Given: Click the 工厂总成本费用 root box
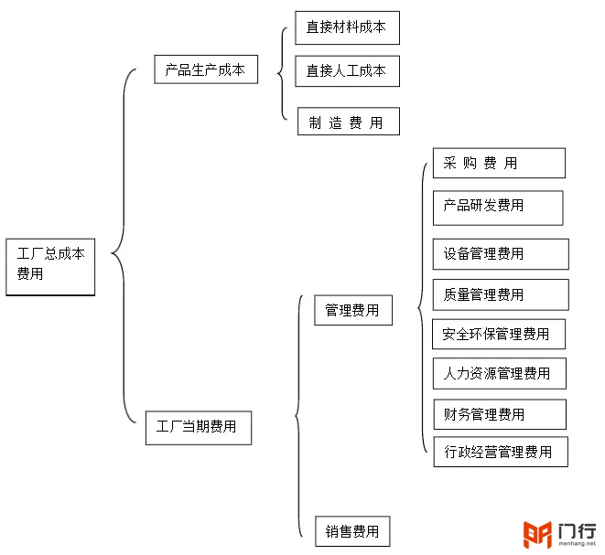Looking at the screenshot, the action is pos(50,267).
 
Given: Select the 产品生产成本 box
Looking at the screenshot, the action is pos(206,69).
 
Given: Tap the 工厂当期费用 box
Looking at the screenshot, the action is pos(199,428).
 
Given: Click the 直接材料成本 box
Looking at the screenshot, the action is pos(347,27).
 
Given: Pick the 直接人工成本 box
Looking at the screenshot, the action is pos(347,71).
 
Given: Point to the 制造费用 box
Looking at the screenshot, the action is pos(349,122).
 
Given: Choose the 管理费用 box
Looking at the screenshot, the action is pos(353,310).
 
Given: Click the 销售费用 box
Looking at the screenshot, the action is pos(352,531).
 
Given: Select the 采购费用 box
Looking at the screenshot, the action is pos(499,163).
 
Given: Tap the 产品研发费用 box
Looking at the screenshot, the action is pos(498,208).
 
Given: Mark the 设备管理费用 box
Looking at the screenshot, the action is pos(501,254).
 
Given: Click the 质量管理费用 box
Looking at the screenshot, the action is pos(501,294).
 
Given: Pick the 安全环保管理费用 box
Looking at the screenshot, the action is pos(499,334).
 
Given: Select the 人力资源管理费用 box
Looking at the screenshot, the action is pos(500,373).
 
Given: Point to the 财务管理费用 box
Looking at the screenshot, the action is pos(500,414).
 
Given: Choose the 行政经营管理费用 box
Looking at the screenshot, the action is pos(501,452).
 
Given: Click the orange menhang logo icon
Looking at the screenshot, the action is pos(537,534).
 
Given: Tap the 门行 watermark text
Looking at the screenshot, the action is pos(578,531).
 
